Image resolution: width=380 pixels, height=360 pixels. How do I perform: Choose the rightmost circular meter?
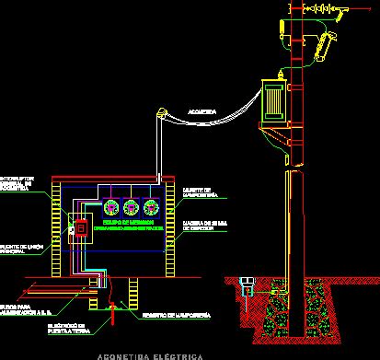pyautogui.click(x=152, y=206)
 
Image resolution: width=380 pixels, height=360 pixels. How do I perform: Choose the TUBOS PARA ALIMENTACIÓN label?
pyautogui.click(x=23, y=309)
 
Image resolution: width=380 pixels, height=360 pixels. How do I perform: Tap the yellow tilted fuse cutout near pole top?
pyautogui.click(x=323, y=41)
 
